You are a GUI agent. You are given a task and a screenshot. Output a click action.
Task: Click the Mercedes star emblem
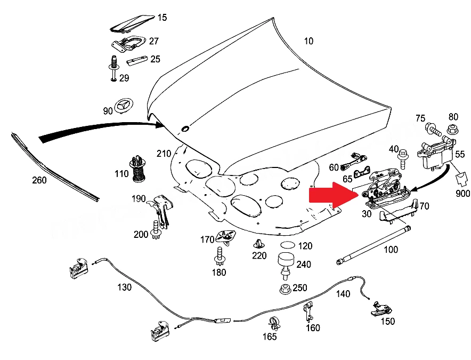click(x=123, y=106)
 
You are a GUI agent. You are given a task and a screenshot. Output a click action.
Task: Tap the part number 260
click(x=39, y=180)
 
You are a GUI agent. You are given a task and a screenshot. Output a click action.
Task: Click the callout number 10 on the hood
click(x=308, y=41)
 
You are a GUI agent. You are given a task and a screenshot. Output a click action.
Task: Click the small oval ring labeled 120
click(x=288, y=245)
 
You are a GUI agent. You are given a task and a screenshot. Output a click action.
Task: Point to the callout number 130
click(x=124, y=287)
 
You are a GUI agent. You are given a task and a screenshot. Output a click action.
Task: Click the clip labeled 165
click(x=274, y=323)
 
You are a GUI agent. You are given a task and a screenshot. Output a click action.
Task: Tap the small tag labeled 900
click(x=462, y=179)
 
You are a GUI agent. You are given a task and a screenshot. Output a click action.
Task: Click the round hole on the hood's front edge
click(x=185, y=129)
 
